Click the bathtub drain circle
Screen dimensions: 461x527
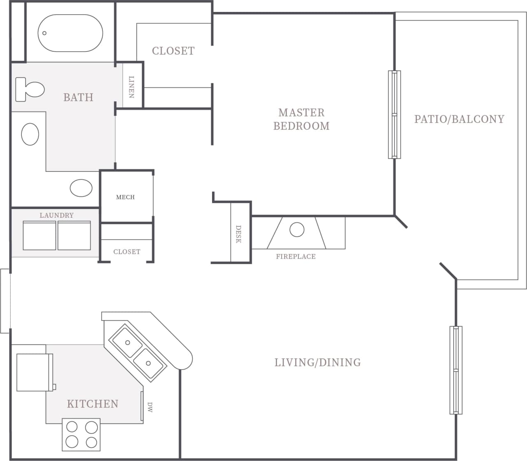point(44,33)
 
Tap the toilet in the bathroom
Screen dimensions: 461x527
point(30,89)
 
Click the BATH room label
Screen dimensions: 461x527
point(78,98)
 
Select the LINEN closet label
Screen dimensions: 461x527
point(132,87)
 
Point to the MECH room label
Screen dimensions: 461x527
point(125,197)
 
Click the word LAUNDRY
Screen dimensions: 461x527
point(56,215)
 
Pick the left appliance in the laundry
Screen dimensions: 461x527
point(40,235)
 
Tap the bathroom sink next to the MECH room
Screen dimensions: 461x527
point(81,188)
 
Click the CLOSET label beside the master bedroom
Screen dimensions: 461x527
point(173,51)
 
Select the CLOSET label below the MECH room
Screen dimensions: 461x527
point(127,252)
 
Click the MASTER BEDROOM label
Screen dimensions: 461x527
point(301,119)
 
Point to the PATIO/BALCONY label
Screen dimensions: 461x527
point(459,119)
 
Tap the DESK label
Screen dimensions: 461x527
point(238,234)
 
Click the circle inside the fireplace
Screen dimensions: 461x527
point(297,230)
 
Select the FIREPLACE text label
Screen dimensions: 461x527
point(296,256)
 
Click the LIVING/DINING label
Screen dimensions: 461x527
point(317,363)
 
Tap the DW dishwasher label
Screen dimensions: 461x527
point(149,407)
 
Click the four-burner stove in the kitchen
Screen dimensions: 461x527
point(82,434)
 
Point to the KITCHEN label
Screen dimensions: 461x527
point(93,404)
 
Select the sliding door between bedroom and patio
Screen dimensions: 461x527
point(394,114)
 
